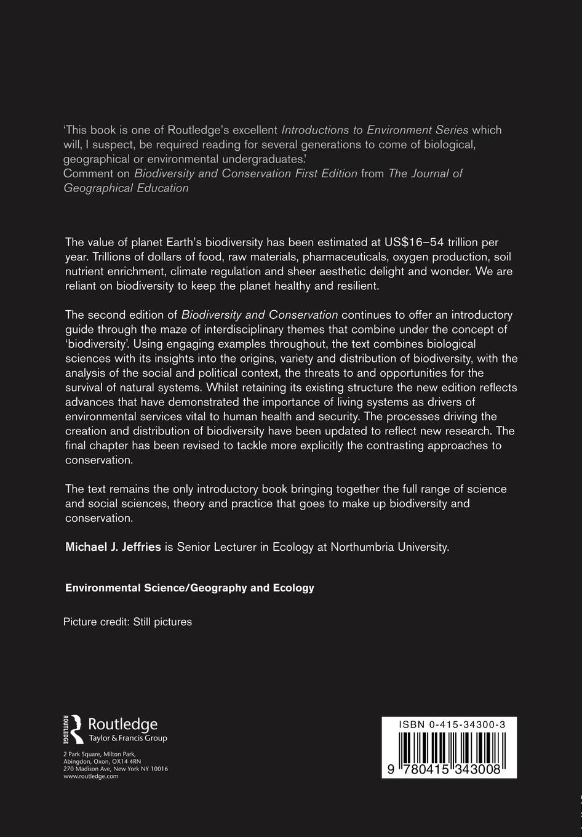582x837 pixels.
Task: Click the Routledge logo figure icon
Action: tap(73, 729)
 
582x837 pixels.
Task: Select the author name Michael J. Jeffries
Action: tap(113, 547)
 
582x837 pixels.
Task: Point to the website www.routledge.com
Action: tap(90, 776)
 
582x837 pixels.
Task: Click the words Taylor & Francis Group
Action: tap(128, 738)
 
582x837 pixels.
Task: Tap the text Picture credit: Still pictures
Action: tap(127, 622)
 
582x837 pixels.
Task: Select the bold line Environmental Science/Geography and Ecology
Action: tap(189, 588)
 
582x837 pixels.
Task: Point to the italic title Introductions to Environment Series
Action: tap(375, 130)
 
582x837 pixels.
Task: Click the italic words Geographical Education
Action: tap(126, 188)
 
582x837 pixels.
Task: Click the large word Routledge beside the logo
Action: tap(123, 724)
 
